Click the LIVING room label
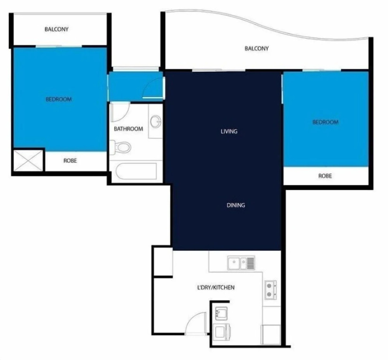tap(229, 131)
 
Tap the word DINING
tap(236, 205)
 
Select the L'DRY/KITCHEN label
tap(216, 287)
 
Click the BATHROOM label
tap(129, 129)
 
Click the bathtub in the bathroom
tap(136, 171)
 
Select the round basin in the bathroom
tap(156, 121)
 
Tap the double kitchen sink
tap(241, 263)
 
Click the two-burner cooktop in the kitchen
tap(271, 290)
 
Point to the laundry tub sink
tap(221, 313)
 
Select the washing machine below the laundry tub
tap(222, 332)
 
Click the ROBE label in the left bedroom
tap(70, 161)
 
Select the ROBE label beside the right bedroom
tap(325, 176)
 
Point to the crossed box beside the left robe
tap(28, 160)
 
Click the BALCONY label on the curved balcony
tap(257, 48)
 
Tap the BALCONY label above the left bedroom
tap(56, 29)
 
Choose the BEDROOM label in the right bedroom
tap(325, 122)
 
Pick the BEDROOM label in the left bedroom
tap(59, 99)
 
